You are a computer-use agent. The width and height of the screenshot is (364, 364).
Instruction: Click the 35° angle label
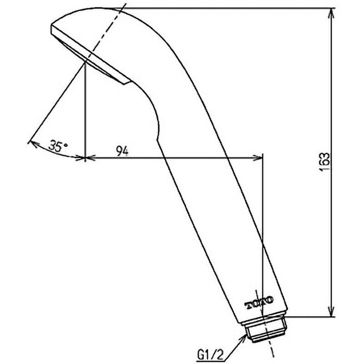coord(58,146)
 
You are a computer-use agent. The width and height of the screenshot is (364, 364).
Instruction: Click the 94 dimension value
coord(122,152)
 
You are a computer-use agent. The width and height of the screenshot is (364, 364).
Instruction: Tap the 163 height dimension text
coord(324,162)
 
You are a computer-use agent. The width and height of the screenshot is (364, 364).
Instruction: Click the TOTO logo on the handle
coord(259,303)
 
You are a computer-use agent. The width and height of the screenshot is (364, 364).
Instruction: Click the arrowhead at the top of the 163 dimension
coord(332,14)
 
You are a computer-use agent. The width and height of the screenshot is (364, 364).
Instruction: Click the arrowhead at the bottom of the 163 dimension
coord(332,311)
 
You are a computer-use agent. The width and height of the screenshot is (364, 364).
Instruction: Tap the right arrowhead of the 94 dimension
coord(258,158)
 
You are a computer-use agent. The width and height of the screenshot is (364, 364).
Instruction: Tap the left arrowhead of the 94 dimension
coord(91,158)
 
